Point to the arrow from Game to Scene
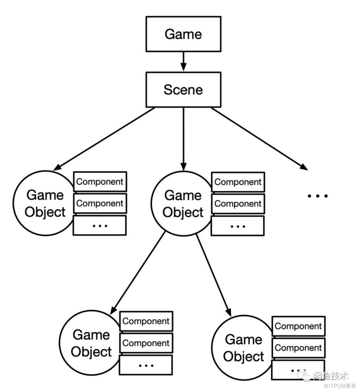coord(184,61)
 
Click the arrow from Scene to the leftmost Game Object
coord(104,139)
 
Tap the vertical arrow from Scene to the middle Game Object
coord(184,139)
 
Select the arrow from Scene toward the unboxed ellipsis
coord(259,139)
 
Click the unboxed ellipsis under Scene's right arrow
coord(318,196)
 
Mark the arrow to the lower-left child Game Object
coord(138,273)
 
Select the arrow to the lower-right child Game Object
coord(214,275)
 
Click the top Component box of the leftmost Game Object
coord(100,182)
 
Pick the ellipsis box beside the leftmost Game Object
coord(100,225)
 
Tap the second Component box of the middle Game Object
coord(238,204)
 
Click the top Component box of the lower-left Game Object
coord(146,321)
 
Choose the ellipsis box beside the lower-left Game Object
coord(146,365)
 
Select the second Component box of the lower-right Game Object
coord(299,348)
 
